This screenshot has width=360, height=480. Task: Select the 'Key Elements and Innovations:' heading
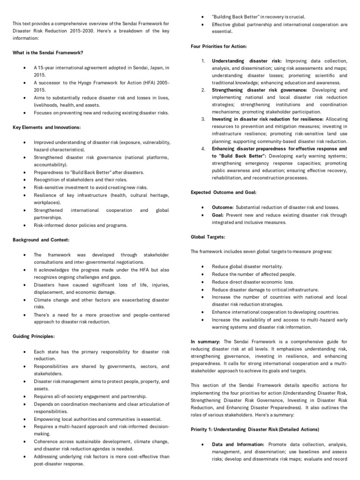click(46, 127)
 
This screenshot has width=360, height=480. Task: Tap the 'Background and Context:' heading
click(41, 240)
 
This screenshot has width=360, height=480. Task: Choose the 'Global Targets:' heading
click(208, 237)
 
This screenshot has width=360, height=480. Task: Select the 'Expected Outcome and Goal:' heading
click(223, 192)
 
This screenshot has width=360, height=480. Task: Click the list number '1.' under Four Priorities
click(203, 61)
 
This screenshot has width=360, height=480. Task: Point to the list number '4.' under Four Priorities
click(203, 149)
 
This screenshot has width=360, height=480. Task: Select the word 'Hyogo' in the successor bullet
click(78, 82)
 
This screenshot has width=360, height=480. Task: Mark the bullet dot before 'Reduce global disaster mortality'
click(202, 267)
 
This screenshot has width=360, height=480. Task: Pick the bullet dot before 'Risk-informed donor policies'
click(23, 225)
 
